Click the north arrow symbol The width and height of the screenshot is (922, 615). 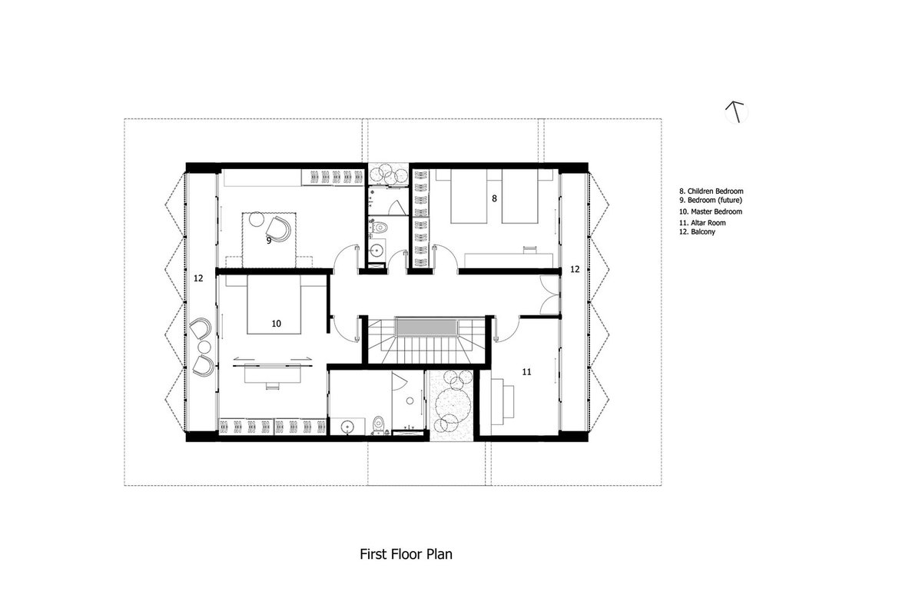point(736,112)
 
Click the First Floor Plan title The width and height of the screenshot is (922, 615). point(406,554)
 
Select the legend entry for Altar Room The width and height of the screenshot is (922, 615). point(702,223)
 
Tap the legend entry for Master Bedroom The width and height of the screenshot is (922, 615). point(711,211)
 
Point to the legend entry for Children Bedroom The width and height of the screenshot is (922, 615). point(711,191)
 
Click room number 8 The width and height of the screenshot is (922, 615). point(494,198)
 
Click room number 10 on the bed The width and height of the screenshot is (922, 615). point(276,324)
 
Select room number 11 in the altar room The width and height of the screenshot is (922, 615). point(526,372)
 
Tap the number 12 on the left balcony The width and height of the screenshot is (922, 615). point(198,278)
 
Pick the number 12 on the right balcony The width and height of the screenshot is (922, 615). point(575,269)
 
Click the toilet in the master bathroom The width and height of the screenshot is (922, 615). point(378,426)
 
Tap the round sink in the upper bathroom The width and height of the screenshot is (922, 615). point(376,250)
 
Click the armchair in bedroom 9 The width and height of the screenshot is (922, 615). point(278,229)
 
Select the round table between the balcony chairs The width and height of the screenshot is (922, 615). point(204,347)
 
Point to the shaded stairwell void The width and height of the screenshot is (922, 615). point(426,327)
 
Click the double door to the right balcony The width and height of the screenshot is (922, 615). point(550,295)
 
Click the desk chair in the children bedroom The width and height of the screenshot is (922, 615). point(529,249)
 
